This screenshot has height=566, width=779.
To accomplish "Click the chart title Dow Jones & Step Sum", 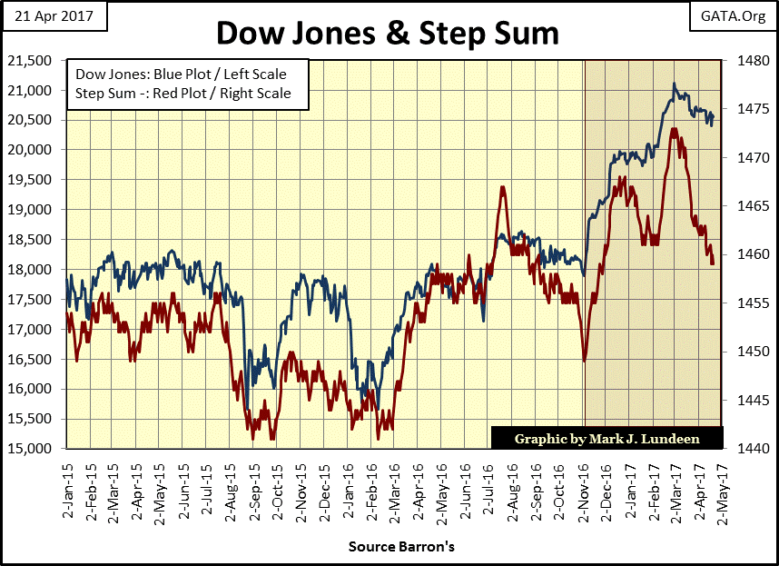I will (x=389, y=34).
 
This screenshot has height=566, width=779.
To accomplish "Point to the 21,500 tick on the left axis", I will (x=30, y=61).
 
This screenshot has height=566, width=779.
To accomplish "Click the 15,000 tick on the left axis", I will (x=30, y=449).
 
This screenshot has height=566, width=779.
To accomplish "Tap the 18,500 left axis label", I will (x=30, y=240).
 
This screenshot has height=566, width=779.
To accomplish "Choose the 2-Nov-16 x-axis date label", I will (x=584, y=492).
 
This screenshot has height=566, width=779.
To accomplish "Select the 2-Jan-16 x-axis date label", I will (x=350, y=492).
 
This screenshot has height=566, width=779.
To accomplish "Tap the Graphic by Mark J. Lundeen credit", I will (x=607, y=439).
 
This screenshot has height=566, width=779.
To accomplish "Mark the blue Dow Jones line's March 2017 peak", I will (x=674, y=84).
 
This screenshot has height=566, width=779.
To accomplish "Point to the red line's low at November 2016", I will (x=585, y=361).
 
